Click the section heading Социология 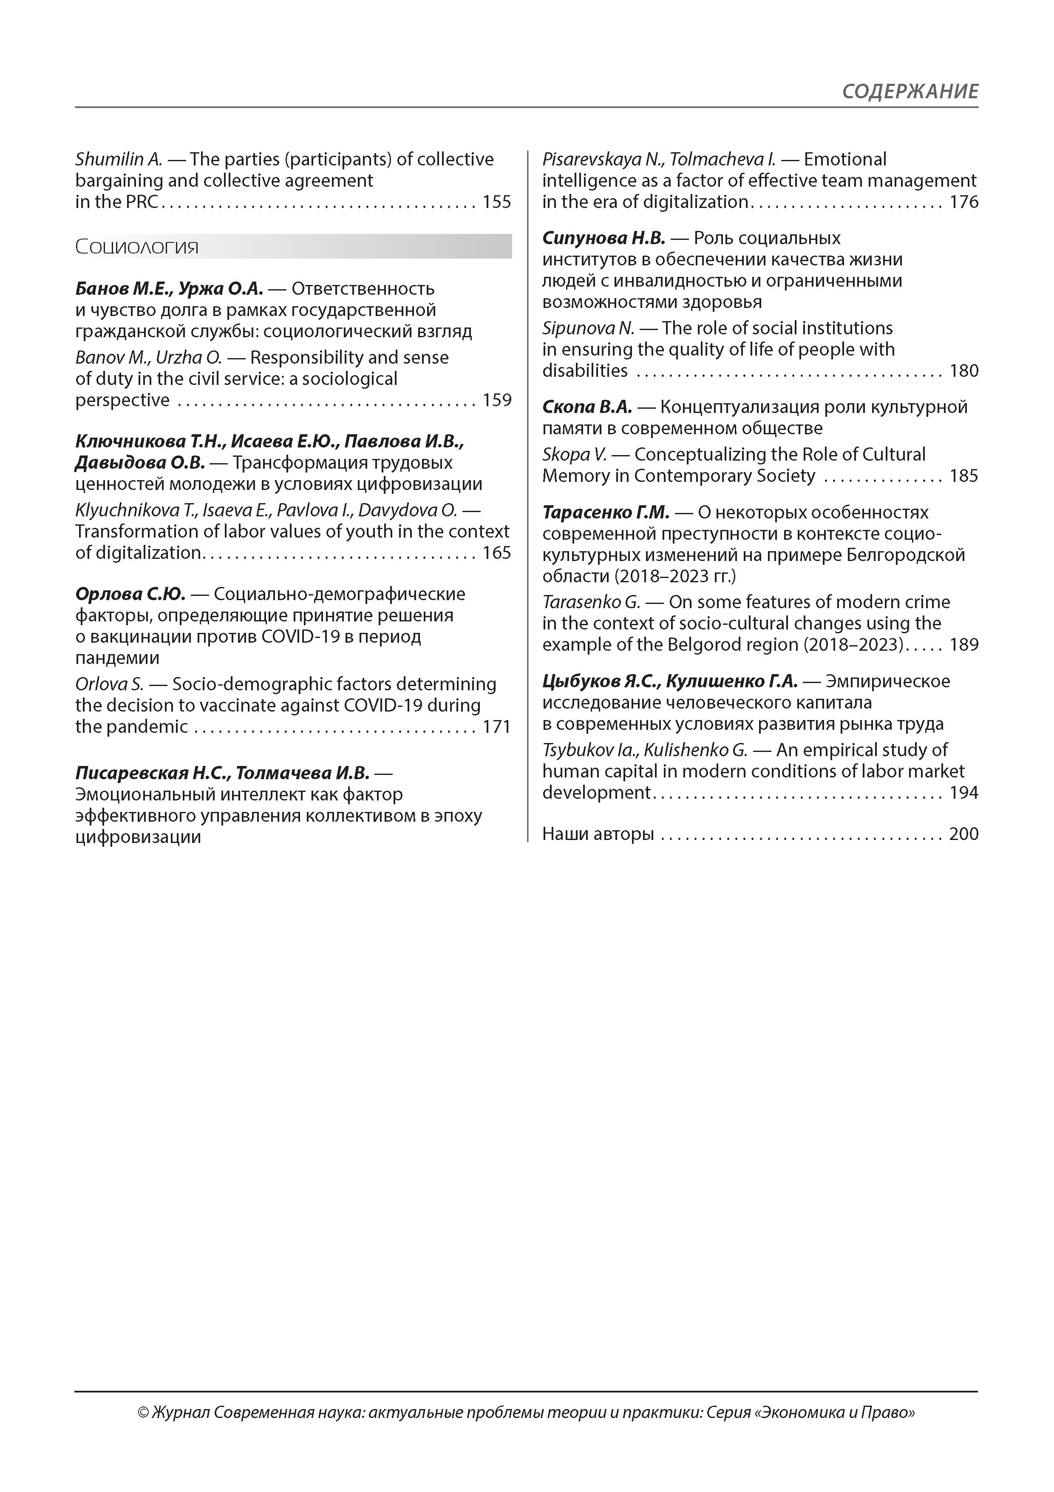[137, 247]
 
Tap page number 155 [497, 202]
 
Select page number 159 [497, 400]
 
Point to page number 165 [497, 553]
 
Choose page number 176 [964, 202]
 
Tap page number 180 [964, 371]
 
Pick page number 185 [964, 476]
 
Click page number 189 [964, 645]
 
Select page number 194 [964, 793]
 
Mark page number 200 [964, 834]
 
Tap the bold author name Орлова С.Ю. [130, 594]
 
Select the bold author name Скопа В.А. [587, 407]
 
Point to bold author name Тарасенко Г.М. [605, 513]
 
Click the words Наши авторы [598, 834]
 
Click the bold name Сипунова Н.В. [603, 239]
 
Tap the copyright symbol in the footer [144, 1413]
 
